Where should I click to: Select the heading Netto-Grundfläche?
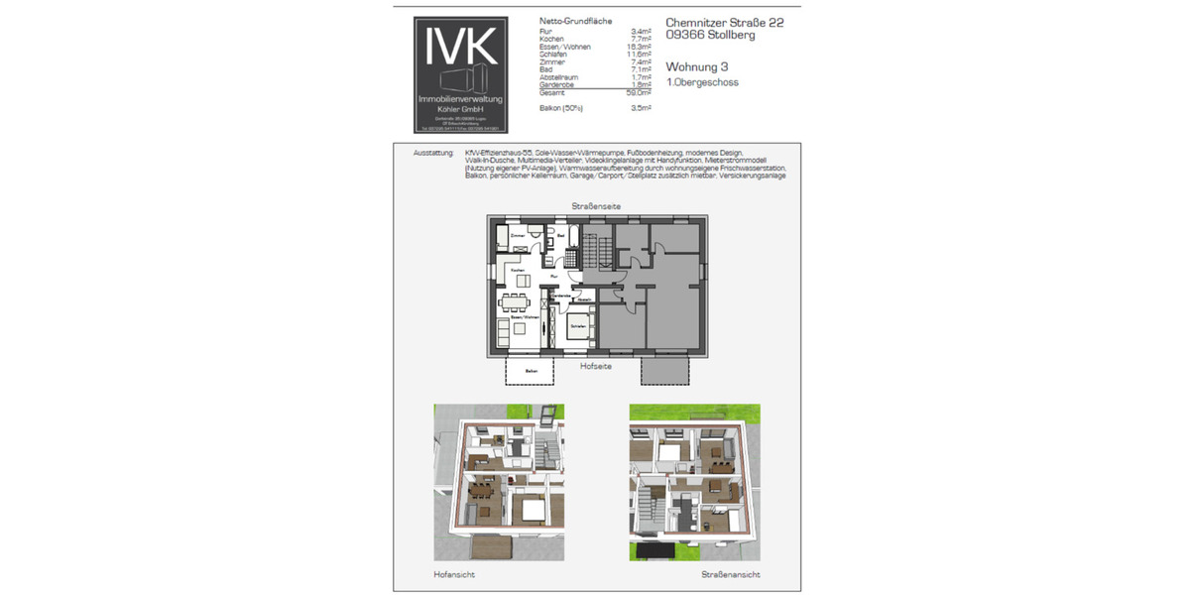click(x=575, y=21)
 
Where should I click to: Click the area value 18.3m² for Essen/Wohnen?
click(x=640, y=47)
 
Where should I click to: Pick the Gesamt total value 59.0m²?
click(x=640, y=92)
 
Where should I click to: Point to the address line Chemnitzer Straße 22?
click(x=724, y=22)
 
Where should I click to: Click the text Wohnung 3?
click(x=697, y=66)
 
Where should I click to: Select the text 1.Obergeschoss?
click(x=702, y=83)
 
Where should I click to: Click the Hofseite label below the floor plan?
click(x=595, y=365)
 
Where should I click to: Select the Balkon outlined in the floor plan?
click(x=532, y=372)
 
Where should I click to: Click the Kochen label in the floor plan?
click(x=517, y=270)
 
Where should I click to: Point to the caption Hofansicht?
click(x=453, y=574)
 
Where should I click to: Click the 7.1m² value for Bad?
click(x=641, y=69)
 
